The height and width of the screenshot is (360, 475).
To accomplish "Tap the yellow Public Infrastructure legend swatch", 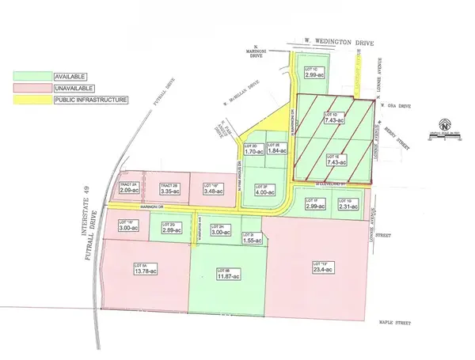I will tap(31, 100).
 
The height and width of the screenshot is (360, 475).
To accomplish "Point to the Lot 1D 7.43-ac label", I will tap(334, 119).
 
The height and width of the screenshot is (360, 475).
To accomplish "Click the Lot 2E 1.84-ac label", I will tap(275, 150).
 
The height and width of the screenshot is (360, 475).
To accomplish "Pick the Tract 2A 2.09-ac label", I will tap(129, 188).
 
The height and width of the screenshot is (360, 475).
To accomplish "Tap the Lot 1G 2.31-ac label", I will tap(348, 203).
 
